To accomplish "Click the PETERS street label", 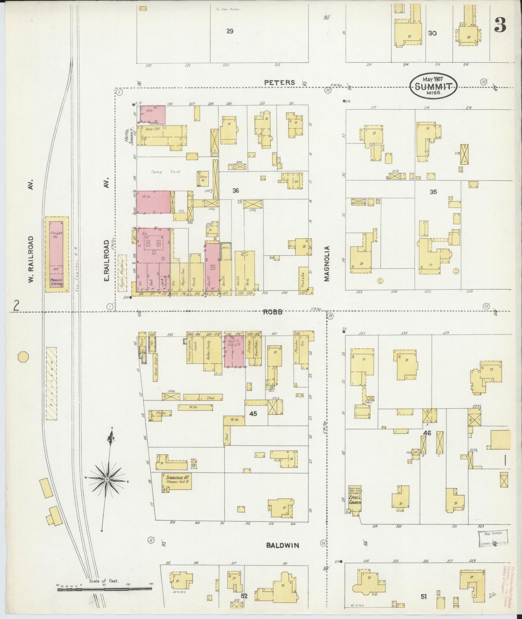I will (x=279, y=82).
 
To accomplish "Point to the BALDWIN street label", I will (x=283, y=545).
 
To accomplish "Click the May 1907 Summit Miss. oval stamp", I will (x=433, y=85).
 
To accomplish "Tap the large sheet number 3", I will (x=500, y=25).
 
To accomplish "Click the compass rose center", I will (x=107, y=479).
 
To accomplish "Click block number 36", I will (x=236, y=190).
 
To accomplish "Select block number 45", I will (x=253, y=414).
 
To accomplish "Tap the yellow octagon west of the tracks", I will (x=23, y=357).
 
